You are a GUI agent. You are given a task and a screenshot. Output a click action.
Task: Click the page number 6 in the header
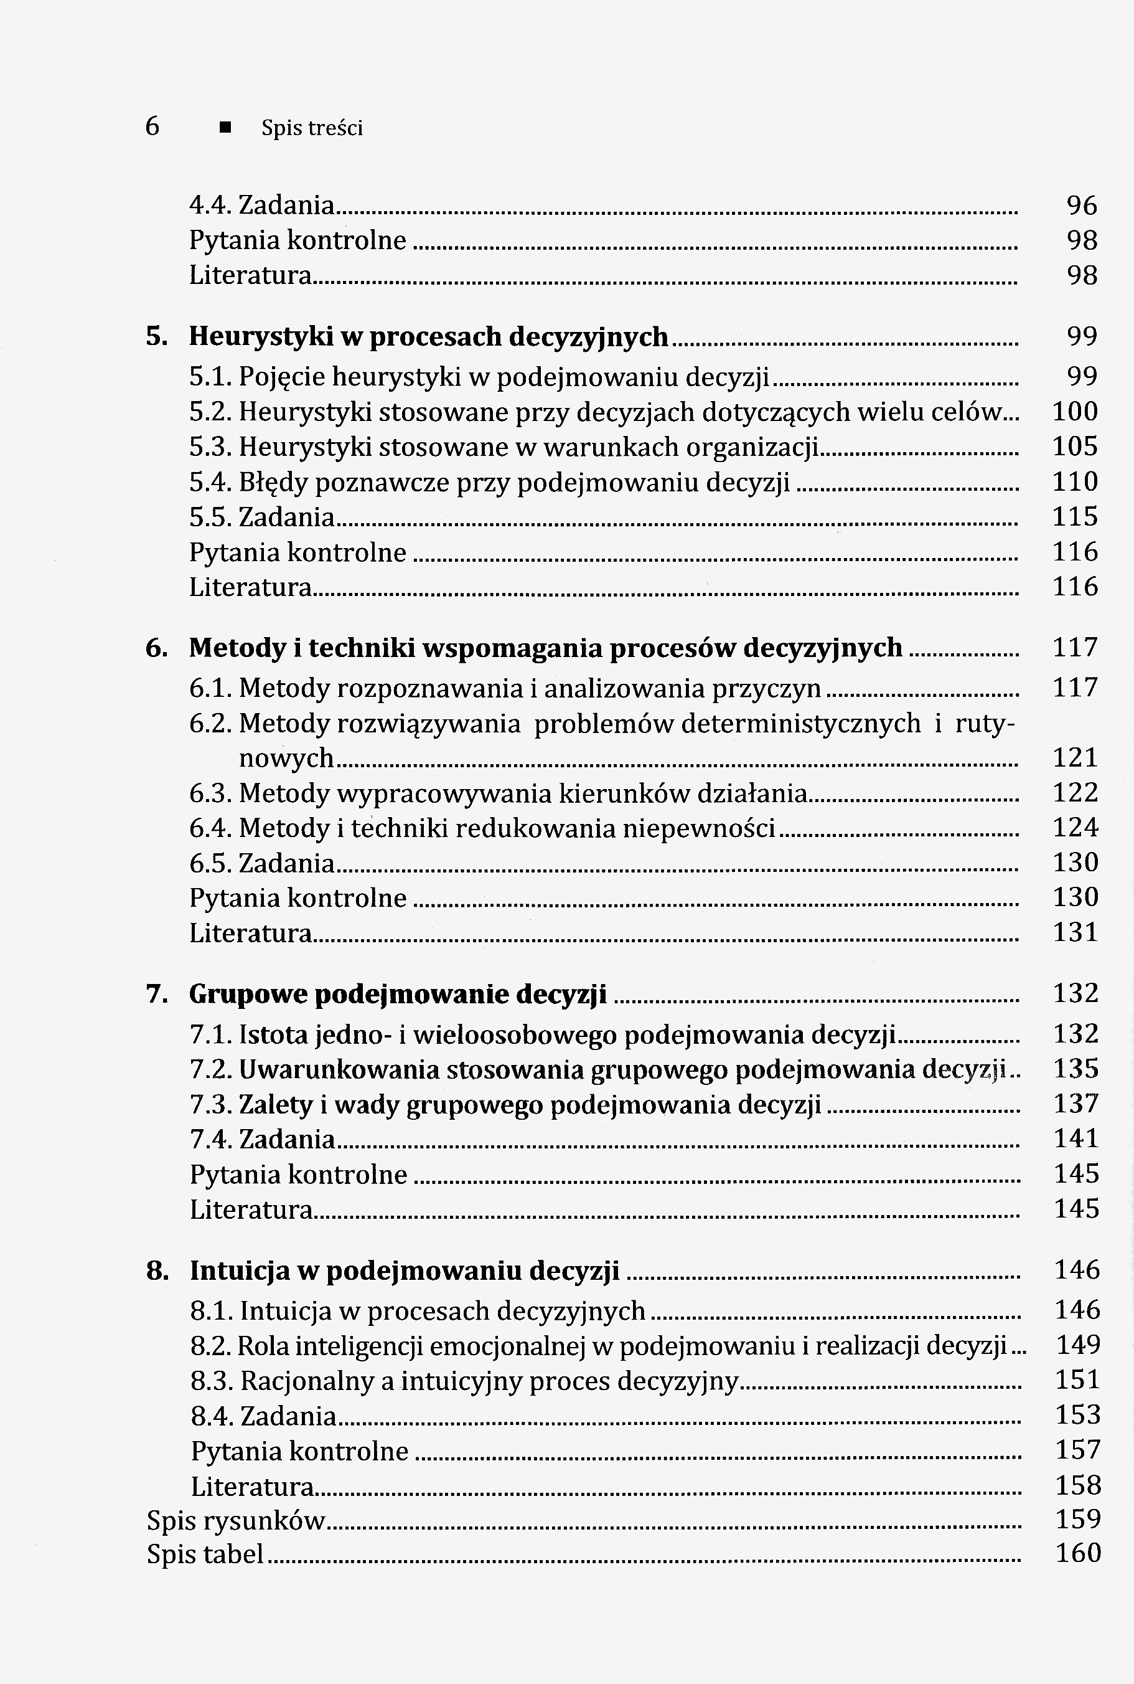pyautogui.click(x=152, y=126)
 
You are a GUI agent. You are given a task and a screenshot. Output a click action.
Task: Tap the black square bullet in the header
pyautogui.click(x=226, y=128)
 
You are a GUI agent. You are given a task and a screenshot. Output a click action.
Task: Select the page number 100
pyautogui.click(x=1075, y=412)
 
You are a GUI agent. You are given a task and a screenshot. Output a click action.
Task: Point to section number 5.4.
pyautogui.click(x=210, y=482)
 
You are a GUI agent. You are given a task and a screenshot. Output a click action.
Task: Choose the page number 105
pyautogui.click(x=1075, y=447)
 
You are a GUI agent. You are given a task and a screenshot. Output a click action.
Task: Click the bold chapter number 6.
pyautogui.click(x=156, y=648)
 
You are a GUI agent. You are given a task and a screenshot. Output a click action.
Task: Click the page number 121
pyautogui.click(x=1075, y=758)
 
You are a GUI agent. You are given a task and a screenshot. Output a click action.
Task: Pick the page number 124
pyautogui.click(x=1075, y=827)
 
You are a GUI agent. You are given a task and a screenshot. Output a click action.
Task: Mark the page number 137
pyautogui.click(x=1076, y=1104)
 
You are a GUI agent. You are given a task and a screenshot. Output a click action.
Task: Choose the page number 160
pyautogui.click(x=1077, y=1553)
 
